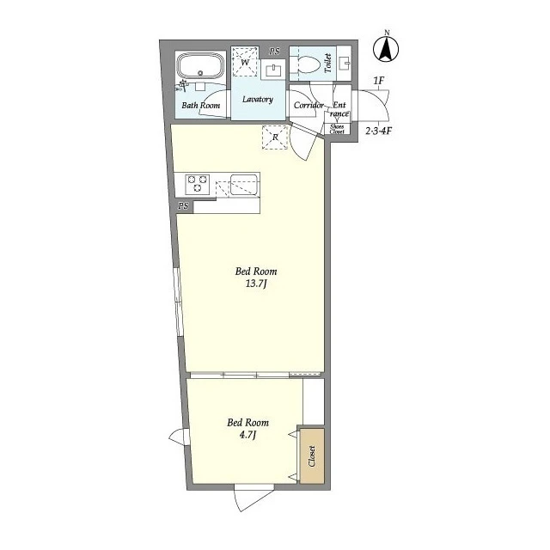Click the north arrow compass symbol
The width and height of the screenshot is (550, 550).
[386, 50]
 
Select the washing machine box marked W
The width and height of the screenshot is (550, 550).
[245, 63]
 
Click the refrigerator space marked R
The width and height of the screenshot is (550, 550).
[275, 137]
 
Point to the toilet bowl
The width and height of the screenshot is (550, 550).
[309, 64]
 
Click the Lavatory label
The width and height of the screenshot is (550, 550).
[258, 100]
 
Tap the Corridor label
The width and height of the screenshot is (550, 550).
[309, 105]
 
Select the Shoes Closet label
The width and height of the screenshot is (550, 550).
[337, 129]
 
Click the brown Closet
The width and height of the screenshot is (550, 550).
[312, 456]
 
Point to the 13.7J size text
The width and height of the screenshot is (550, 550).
[256, 284]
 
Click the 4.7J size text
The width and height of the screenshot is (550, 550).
[247, 436]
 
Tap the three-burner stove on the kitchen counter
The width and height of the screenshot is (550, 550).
[197, 184]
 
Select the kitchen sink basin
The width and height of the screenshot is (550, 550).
[244, 185]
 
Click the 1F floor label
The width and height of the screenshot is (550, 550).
[379, 81]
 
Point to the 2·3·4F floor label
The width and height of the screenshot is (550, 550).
[379, 131]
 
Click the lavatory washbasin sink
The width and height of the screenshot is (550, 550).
[273, 71]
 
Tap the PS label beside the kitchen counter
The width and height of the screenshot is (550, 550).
[183, 206]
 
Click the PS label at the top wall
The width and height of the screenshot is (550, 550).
[275, 52]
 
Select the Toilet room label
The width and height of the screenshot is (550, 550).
[328, 63]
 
